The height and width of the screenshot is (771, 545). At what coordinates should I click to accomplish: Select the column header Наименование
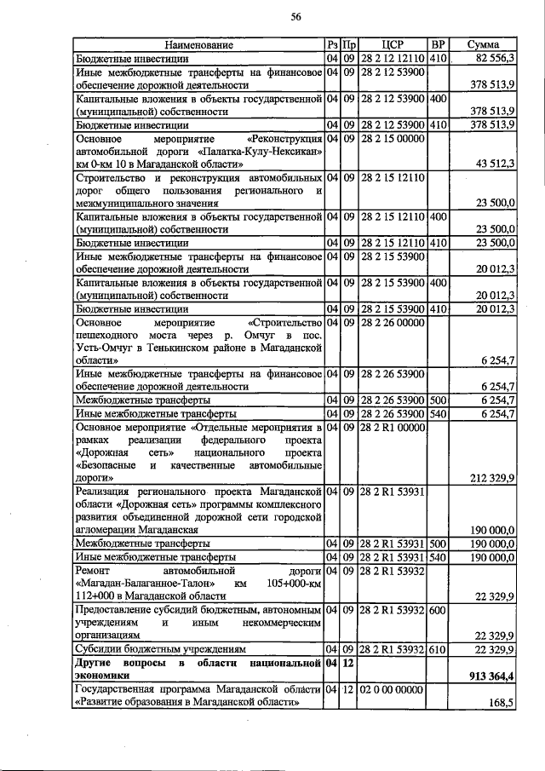pyautogui.click(x=198, y=45)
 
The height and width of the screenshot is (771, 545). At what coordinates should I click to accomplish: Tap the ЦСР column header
pyautogui.click(x=393, y=45)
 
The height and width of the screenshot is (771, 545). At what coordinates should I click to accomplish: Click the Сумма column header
pyautogui.click(x=483, y=45)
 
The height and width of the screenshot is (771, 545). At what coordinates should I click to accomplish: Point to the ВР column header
pyautogui.click(x=438, y=45)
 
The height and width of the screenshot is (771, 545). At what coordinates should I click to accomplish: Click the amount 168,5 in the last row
pyautogui.click(x=500, y=704)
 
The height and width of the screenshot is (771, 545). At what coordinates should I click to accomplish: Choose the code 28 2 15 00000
pyautogui.click(x=392, y=138)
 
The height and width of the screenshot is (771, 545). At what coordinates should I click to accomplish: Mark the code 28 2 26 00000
pyautogui.click(x=392, y=322)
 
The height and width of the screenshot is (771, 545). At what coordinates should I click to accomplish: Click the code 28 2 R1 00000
pyautogui.click(x=392, y=427)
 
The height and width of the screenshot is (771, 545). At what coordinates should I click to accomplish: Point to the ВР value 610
pyautogui.click(x=438, y=650)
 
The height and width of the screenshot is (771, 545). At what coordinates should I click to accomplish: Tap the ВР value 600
pyautogui.click(x=438, y=610)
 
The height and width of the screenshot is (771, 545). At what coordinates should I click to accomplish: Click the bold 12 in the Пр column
pyautogui.click(x=349, y=662)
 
